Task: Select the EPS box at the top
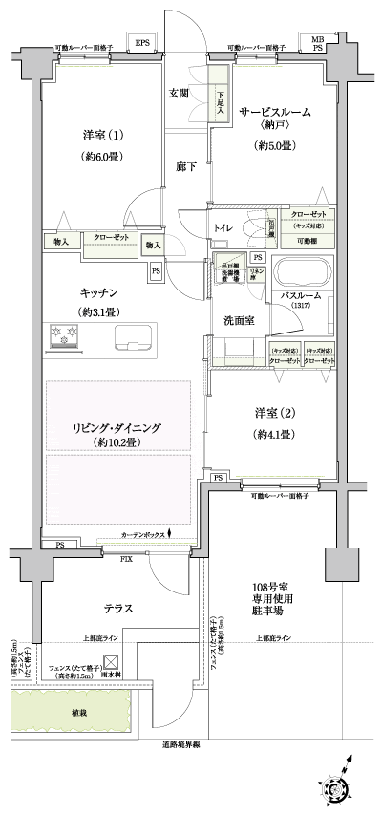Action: [141, 43]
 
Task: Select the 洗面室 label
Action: [238, 320]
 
